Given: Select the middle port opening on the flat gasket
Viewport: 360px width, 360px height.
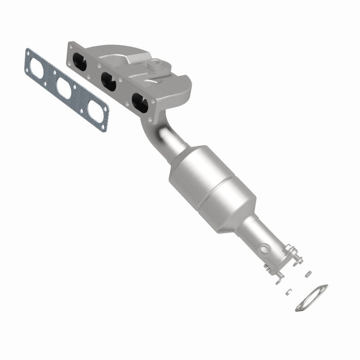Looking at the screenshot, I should pyautogui.click(x=64, y=88).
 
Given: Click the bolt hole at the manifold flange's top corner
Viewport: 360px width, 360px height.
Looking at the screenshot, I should pyautogui.click(x=71, y=45).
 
